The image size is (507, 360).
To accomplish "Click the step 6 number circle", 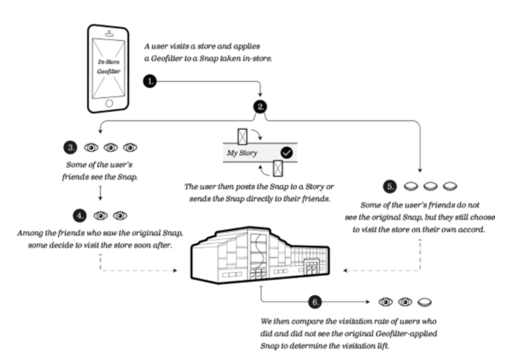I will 315,302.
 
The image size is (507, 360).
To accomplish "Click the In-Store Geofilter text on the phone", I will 110,66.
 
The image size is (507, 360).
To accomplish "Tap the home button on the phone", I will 110,103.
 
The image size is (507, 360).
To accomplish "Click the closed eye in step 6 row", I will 423,303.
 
